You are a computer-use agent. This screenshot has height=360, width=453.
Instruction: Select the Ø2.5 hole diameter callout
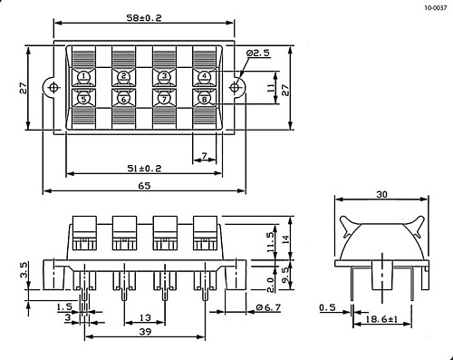(x=259, y=54)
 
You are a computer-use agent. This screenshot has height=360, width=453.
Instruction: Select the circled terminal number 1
(x=83, y=76)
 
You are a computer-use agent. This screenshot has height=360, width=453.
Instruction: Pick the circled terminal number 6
(x=124, y=98)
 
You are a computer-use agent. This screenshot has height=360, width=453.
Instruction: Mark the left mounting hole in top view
(x=53, y=87)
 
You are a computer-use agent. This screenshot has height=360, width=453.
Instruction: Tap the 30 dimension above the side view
(x=380, y=194)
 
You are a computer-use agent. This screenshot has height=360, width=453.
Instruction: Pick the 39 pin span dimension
(x=145, y=332)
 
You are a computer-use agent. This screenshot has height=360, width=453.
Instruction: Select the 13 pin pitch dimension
(x=144, y=316)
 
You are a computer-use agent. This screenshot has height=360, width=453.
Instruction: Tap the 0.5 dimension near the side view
(x=328, y=307)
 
